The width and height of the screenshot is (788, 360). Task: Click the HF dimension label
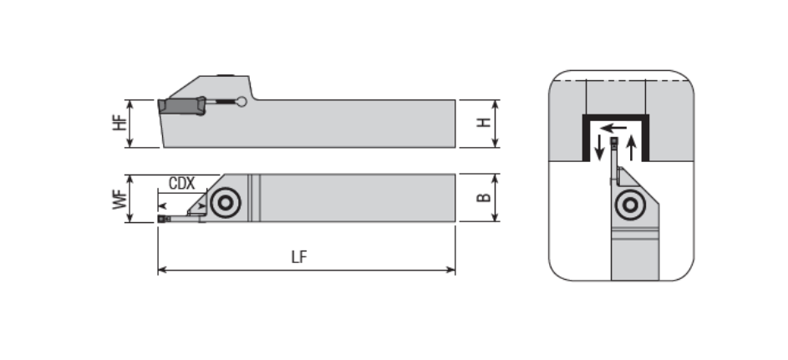click(119, 123)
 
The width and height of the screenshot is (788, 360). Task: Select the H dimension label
click(483, 122)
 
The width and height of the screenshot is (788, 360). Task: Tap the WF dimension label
click(119, 199)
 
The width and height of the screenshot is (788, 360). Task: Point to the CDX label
click(181, 183)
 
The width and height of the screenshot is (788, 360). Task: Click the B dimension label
click(483, 197)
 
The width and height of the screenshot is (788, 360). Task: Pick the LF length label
click(299, 257)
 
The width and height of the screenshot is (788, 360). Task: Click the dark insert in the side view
click(182, 106)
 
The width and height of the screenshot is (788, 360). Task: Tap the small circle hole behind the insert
click(241, 102)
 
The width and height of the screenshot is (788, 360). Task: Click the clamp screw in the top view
click(226, 203)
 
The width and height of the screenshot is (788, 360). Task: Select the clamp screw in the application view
click(630, 205)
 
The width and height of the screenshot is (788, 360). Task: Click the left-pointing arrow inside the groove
click(613, 128)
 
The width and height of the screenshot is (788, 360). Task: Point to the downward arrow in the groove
click(599, 148)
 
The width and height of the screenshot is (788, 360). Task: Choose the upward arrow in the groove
click(632, 148)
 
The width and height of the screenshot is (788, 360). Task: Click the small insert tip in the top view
click(161, 219)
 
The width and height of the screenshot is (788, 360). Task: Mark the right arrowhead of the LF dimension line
click(451, 271)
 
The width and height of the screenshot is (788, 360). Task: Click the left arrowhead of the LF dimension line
click(162, 271)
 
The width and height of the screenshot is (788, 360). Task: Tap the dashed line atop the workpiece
click(621, 80)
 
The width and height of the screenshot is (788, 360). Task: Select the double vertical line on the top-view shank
click(254, 198)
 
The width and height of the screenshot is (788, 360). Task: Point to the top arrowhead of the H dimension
click(496, 104)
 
